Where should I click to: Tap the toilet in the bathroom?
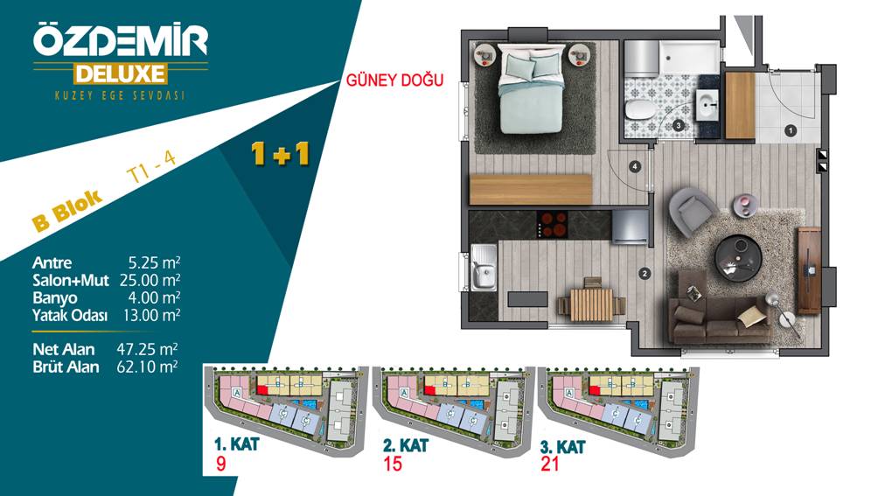coord(639,110)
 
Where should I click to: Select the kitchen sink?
coord(484,268)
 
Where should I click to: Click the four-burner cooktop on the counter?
coord(552,225)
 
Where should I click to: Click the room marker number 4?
coord(635,167)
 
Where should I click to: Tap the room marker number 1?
coord(790,130)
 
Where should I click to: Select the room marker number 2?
coord(645,274)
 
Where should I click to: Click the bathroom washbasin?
coord(708,104)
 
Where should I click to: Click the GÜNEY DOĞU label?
coord(394,80)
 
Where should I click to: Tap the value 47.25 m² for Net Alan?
coord(147,349)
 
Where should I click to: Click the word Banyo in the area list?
coord(54,297)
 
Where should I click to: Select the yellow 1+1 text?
coord(280,154)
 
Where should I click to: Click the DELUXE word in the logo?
coord(121,74)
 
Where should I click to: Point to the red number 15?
coord(393,464)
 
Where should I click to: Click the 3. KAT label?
coord(562,447)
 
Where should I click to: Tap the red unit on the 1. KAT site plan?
coord(263,389)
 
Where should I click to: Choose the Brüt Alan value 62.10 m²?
coord(147,367)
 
